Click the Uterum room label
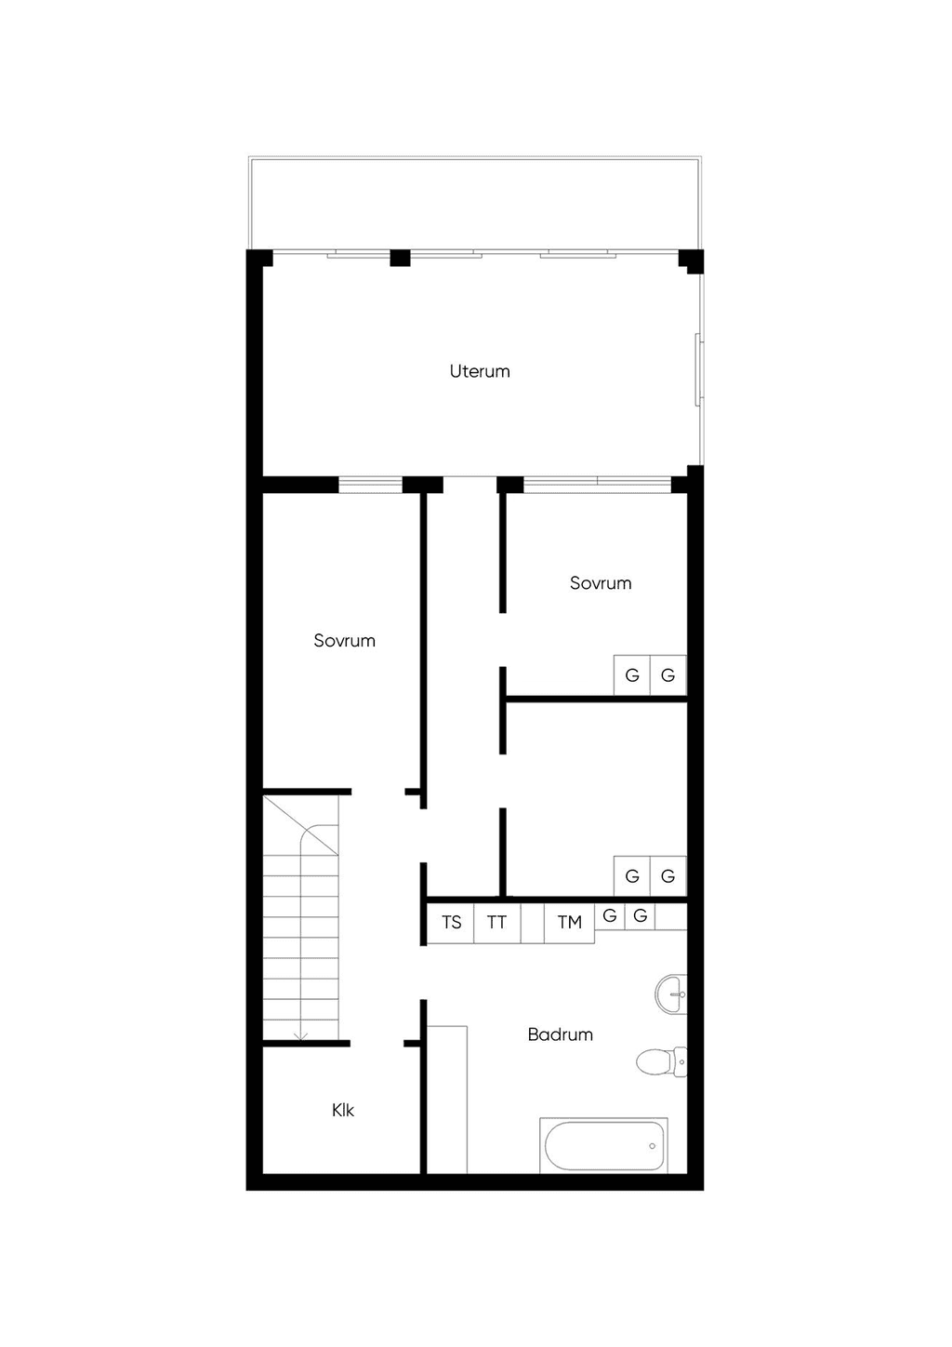[x=480, y=371]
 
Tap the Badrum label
[x=561, y=1034]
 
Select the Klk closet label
[x=342, y=1110]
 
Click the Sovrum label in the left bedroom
[x=344, y=640]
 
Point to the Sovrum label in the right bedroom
[x=601, y=582]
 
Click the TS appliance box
[x=450, y=923]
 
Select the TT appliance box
[x=497, y=923]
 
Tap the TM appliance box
[x=569, y=923]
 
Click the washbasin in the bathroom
[x=670, y=994]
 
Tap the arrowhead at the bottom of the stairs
[x=300, y=1036]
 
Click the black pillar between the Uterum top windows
[x=401, y=258]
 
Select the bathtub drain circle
[x=652, y=1146]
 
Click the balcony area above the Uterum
[x=475, y=203]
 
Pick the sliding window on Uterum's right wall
[x=699, y=369]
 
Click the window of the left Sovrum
[x=370, y=485]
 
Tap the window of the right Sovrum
[x=597, y=485]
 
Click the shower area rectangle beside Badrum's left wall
[x=447, y=1100]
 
